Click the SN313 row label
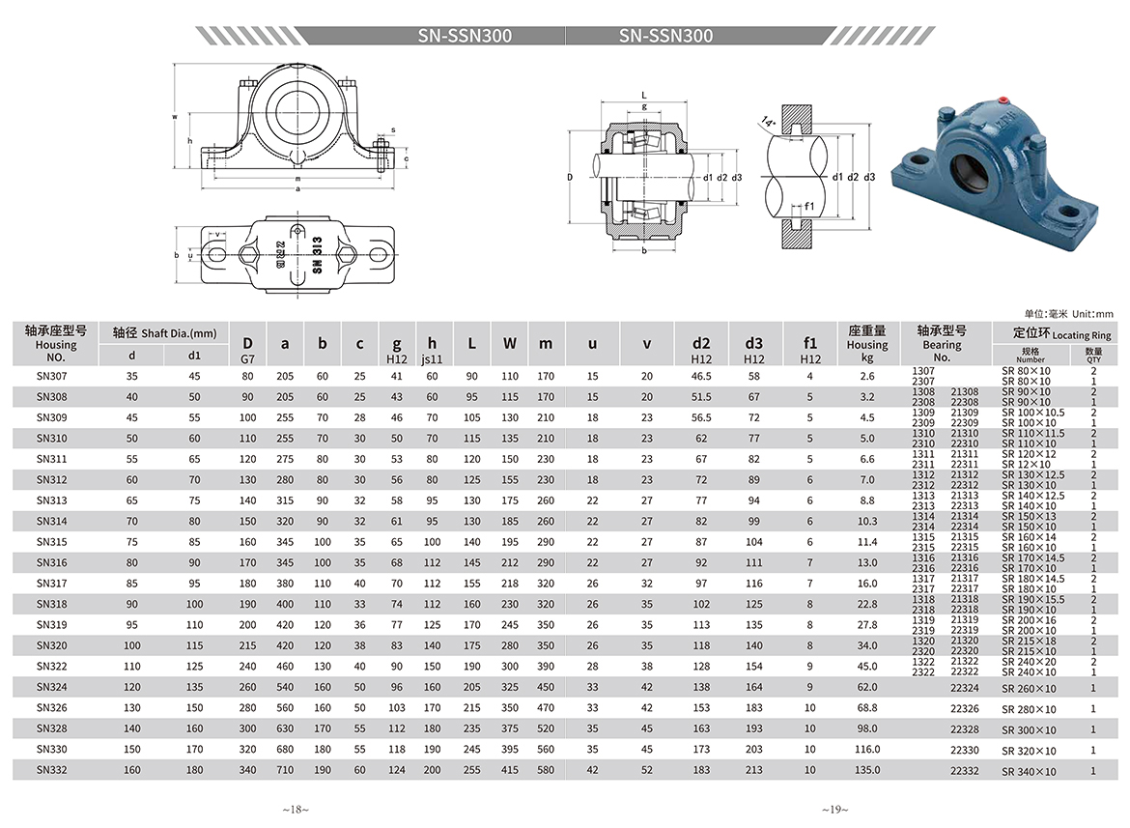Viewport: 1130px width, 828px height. point(51,500)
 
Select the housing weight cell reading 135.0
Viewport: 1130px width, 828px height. point(867,770)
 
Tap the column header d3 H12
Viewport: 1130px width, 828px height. point(753,350)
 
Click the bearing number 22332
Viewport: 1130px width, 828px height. point(964,770)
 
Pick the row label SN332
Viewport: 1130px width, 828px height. point(51,770)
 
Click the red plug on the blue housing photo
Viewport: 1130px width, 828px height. point(1001,99)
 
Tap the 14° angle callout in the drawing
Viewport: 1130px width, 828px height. point(768,122)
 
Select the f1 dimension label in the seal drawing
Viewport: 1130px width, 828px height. point(809,207)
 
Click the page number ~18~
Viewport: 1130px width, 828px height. point(296,810)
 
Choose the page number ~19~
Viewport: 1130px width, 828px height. point(834,810)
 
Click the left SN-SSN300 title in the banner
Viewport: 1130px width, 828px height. point(465,36)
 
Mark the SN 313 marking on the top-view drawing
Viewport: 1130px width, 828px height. point(317,254)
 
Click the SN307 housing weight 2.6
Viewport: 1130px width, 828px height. point(867,376)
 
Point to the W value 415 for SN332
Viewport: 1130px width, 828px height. point(510,770)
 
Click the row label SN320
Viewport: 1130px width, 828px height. point(51,645)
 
